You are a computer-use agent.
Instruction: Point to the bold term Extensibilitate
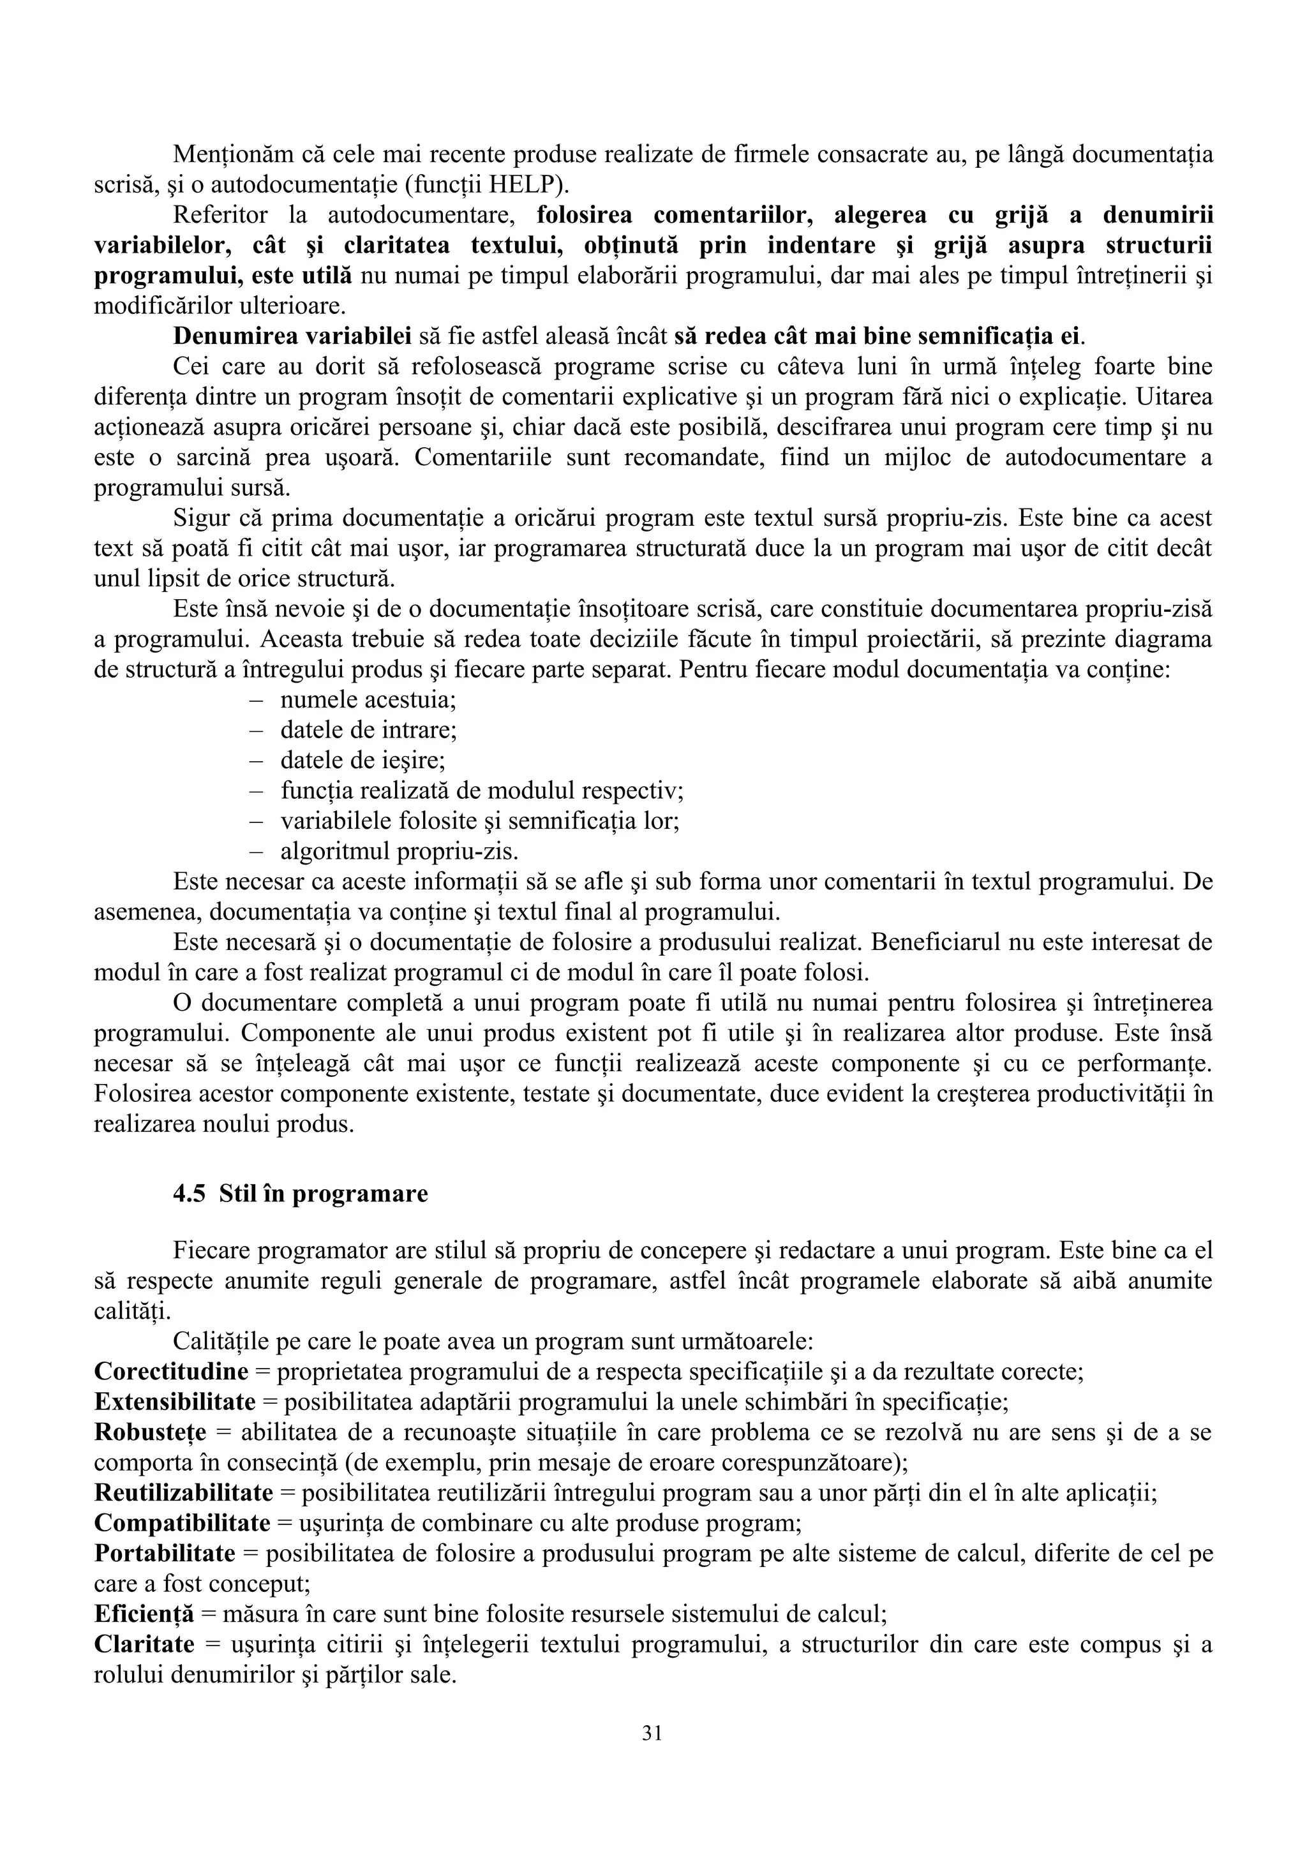point(175,1401)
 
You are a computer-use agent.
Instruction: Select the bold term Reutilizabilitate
point(184,1492)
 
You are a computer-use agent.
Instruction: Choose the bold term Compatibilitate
point(182,1523)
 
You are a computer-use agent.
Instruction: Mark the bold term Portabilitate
point(164,1553)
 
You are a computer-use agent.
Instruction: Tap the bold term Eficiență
point(144,1614)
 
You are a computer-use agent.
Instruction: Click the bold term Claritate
point(144,1644)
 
